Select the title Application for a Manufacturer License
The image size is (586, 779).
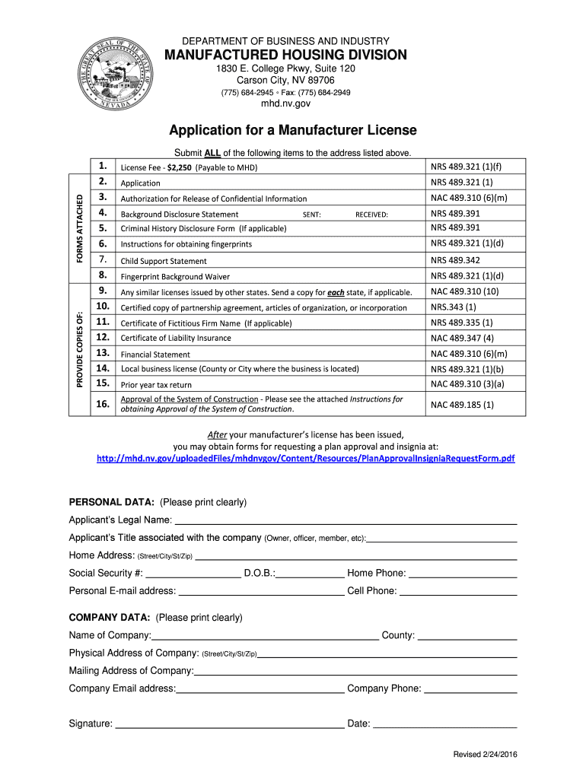tap(293, 130)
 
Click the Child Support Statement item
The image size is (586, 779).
tap(164, 261)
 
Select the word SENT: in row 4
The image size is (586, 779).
tap(311, 215)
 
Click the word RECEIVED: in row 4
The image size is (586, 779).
tap(371, 215)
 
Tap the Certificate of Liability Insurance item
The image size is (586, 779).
tap(176, 339)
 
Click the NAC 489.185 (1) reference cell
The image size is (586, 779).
tap(462, 405)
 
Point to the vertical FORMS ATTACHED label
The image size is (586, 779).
tap(79, 227)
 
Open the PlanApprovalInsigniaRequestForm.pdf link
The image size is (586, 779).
tap(305, 459)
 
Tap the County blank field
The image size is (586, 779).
tap(467, 635)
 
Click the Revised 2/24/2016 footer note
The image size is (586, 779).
tap(485, 754)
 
